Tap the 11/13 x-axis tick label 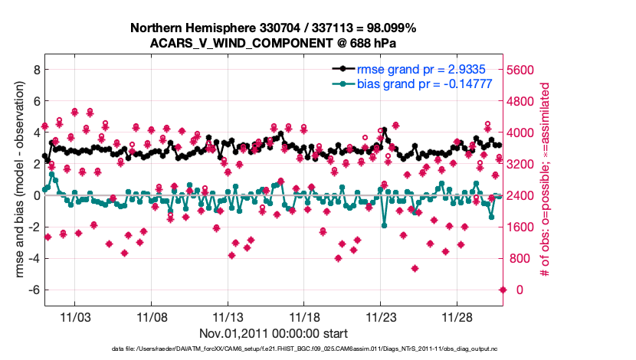click(228, 316)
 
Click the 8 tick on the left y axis click(34, 69)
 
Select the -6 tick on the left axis click(32, 290)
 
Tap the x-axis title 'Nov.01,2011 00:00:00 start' click(272, 333)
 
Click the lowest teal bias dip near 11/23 click(385, 226)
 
